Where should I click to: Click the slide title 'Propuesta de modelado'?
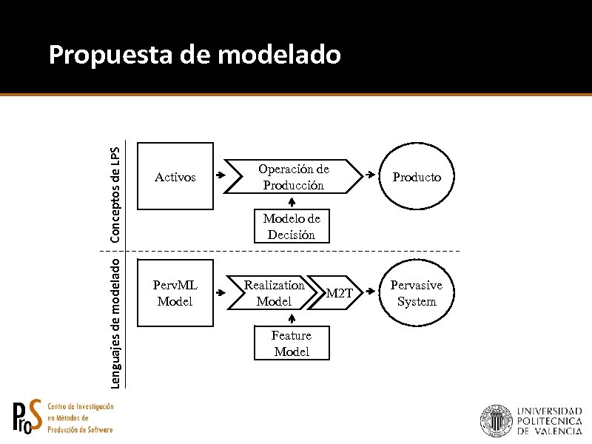pos(195,54)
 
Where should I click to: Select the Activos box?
pos(175,178)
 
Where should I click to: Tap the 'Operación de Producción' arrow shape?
pos(293,177)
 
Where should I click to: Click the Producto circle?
pos(417,178)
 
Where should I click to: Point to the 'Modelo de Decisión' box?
pos(292,226)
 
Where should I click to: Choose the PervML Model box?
pos(175,293)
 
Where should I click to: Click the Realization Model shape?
pos(275,293)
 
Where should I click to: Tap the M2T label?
pos(340,294)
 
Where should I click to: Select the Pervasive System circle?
pos(417,293)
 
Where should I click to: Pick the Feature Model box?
pos(292,343)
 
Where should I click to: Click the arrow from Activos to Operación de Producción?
pos(221,177)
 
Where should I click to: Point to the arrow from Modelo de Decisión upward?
pos(292,202)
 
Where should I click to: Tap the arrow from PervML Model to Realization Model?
pos(221,293)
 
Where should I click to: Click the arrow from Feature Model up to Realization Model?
pos(292,318)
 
